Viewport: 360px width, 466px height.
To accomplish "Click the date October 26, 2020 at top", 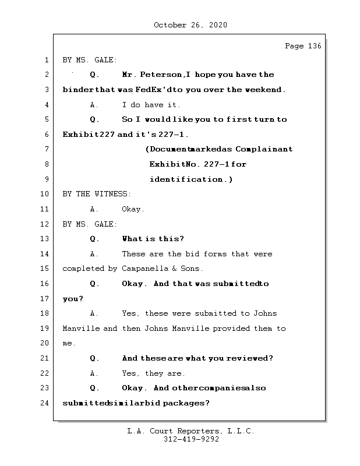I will click(190, 25).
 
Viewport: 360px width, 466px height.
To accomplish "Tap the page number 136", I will click(313, 46).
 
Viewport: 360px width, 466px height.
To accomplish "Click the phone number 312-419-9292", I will click(191, 440).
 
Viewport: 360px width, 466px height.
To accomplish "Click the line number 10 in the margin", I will click(46, 194).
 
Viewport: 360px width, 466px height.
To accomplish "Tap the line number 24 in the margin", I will click(46, 403).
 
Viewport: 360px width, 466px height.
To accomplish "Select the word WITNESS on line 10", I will click(112, 194).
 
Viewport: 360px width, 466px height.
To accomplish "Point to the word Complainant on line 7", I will click(266, 149).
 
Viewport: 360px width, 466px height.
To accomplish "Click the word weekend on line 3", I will click(264, 90).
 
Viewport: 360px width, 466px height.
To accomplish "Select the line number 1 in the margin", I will click(46, 59).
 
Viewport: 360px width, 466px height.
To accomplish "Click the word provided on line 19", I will click(231, 329).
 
